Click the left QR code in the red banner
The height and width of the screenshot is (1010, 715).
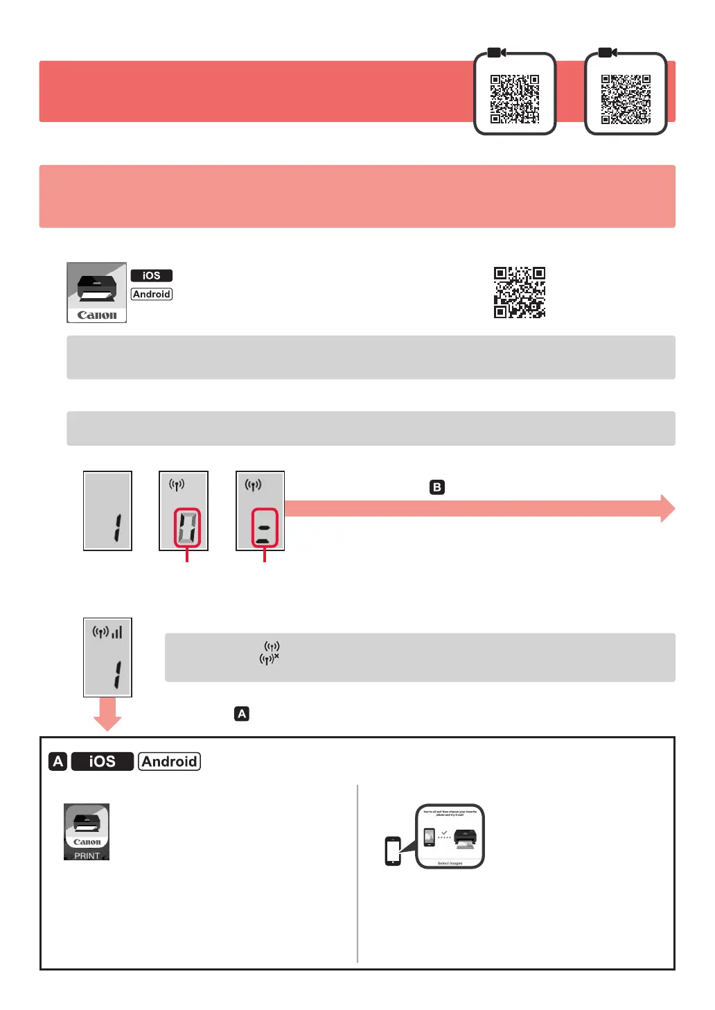(515, 98)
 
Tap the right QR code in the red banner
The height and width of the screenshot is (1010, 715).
(626, 98)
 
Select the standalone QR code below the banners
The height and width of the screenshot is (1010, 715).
(520, 293)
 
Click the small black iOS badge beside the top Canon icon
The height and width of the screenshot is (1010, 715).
(152, 275)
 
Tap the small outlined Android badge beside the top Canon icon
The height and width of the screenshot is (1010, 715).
(152, 294)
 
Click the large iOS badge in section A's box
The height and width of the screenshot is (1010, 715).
(102, 761)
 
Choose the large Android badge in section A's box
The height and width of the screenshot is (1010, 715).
(169, 761)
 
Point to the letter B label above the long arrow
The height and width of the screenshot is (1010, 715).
(436, 487)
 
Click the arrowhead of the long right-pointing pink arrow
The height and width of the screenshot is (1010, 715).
(667, 509)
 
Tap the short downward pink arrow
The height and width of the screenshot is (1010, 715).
(107, 714)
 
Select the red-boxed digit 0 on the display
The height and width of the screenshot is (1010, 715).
(187, 528)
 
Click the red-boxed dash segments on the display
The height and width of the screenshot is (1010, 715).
(264, 528)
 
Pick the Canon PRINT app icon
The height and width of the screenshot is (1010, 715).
(87, 832)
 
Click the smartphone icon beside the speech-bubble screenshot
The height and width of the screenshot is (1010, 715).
(393, 851)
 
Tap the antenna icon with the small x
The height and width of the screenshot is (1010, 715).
(269, 659)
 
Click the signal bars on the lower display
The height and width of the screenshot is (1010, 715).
(117, 632)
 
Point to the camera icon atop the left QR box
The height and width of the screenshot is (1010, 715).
(496, 53)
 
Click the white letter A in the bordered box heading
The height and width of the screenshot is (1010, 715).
(58, 761)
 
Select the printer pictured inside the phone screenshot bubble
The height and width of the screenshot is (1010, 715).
(465, 838)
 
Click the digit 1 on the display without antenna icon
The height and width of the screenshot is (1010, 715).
(117, 528)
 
